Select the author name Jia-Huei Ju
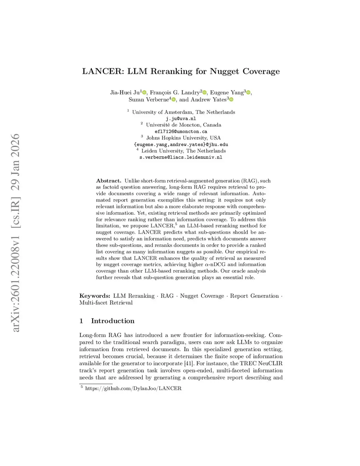[125, 92]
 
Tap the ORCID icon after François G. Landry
[205, 92]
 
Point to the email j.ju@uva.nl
[181, 119]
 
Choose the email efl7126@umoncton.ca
[181, 132]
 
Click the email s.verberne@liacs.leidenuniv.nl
[181, 157]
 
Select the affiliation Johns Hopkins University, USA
[184, 138]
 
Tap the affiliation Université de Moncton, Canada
[184, 125]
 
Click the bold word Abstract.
[109, 181]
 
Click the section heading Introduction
[112, 321]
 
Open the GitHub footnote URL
[133, 388]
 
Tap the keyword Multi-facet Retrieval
[106, 303]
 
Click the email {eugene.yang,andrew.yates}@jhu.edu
[181, 145]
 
